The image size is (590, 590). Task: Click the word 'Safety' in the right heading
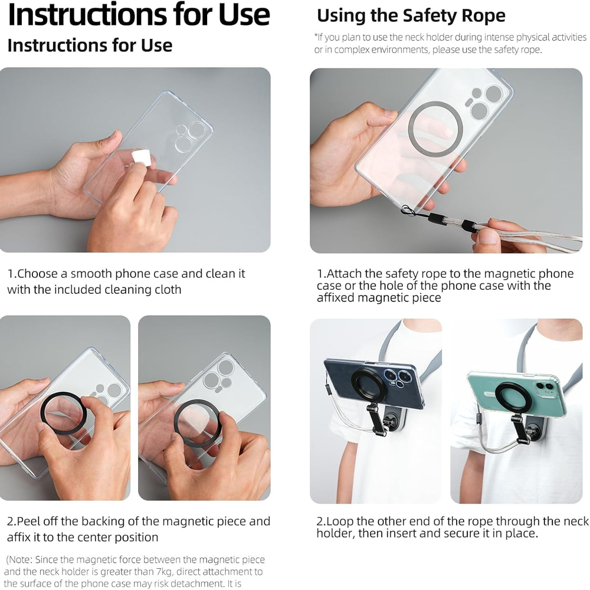[430, 16]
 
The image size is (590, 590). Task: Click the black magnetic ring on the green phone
[498, 399]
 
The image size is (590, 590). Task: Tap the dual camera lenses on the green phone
[544, 386]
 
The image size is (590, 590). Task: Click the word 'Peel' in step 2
[29, 522]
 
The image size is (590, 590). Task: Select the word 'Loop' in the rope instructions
[340, 522]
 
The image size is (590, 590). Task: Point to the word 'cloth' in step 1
[168, 290]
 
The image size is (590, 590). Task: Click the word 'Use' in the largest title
[244, 15]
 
